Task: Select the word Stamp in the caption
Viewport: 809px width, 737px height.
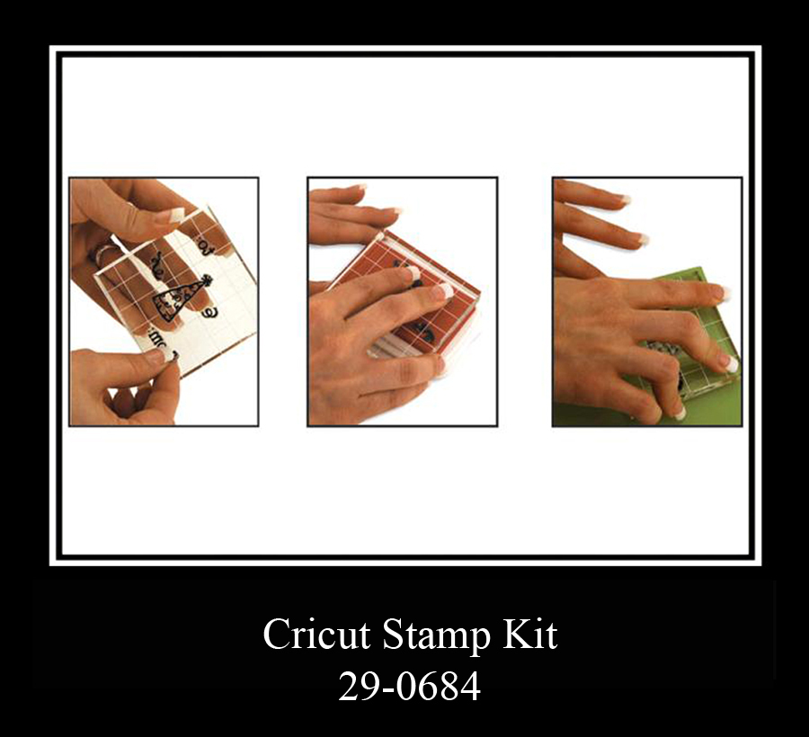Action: (x=436, y=636)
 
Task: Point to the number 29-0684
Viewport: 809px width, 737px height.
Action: (x=409, y=687)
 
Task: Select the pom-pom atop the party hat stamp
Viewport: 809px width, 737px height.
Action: (x=208, y=280)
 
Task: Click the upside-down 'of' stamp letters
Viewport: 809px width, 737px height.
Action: (x=205, y=243)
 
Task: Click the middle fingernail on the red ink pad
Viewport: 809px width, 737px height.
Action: (x=442, y=292)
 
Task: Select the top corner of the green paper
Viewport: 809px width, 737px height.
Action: (x=700, y=267)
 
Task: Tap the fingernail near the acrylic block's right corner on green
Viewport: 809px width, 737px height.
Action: (x=729, y=364)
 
